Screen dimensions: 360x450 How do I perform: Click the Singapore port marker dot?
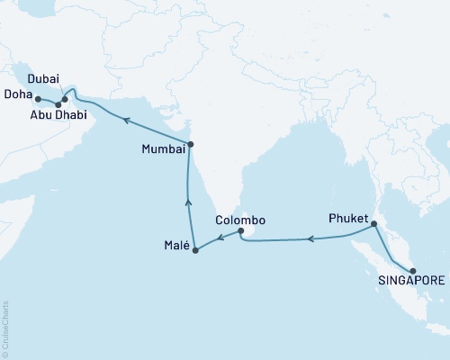point(411,271)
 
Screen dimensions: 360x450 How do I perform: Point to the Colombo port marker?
point(240,231)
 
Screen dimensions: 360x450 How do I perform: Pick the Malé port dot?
point(196,249)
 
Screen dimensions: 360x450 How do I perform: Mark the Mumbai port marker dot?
point(190,144)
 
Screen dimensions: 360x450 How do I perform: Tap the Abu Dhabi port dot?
point(58,104)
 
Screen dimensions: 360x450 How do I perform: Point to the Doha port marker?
point(38,98)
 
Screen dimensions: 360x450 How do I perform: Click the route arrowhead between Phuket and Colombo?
point(311,239)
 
